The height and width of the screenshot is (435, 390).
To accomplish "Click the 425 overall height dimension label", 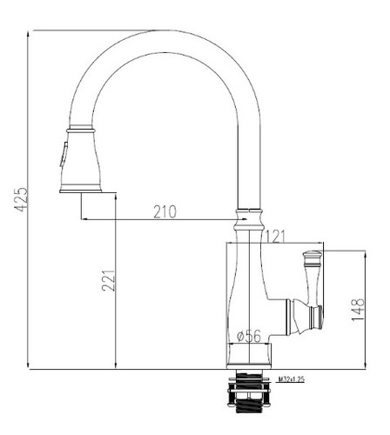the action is pos(21,199).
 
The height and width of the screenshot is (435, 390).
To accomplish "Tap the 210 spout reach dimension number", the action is pos(165,211).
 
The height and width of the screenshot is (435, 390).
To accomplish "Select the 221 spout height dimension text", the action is pos(109,280).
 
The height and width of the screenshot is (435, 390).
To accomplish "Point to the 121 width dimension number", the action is pos(275,237).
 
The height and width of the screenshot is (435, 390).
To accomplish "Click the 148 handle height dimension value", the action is pos(358,310).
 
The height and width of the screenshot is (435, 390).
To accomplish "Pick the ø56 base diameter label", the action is pos(249,336).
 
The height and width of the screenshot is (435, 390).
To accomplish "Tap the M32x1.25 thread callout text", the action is pos(292,378).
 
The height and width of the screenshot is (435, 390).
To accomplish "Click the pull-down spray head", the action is pos(81,159).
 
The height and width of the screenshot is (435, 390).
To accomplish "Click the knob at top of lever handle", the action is pos(313,255).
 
